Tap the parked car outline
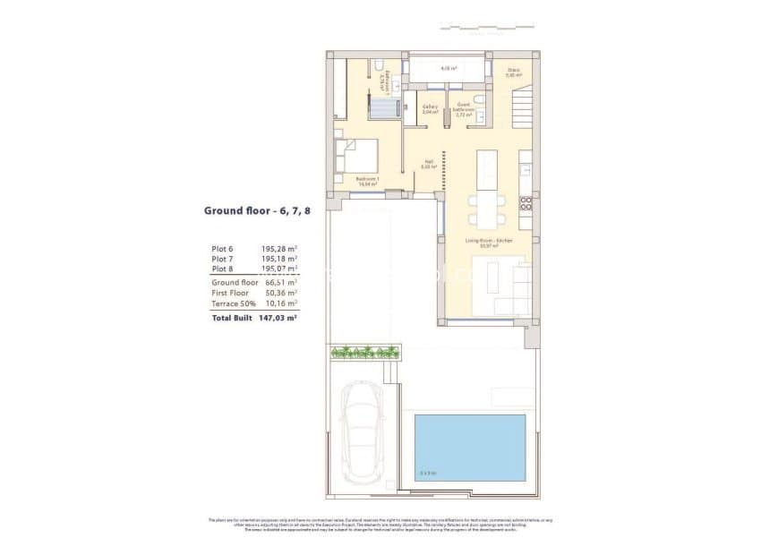tap(363, 433)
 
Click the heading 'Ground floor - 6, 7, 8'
tap(252, 211)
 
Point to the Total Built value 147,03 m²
tap(279, 317)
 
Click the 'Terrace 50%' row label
tap(231, 303)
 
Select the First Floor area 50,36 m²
tap(279, 292)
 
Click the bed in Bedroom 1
tap(356, 156)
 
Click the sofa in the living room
tap(501, 286)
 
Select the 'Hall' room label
tap(430, 165)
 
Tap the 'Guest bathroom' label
tap(464, 108)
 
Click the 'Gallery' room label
tap(430, 109)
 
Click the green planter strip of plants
tap(363, 352)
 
